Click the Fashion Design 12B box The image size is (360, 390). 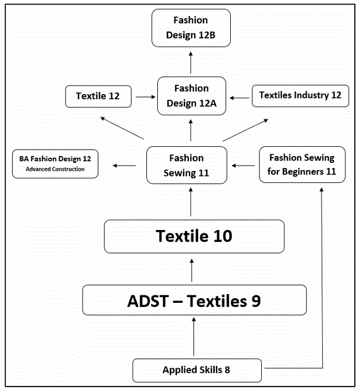(x=191, y=28)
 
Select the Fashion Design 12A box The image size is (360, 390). (x=191, y=96)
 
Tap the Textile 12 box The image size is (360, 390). (x=98, y=96)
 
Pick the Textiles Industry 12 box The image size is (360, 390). (x=300, y=95)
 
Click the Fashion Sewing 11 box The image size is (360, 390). (x=186, y=165)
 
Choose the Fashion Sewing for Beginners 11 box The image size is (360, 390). (x=302, y=165)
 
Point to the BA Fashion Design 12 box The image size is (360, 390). (x=55, y=163)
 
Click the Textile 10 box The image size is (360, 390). (x=194, y=236)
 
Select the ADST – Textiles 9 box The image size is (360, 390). (x=194, y=300)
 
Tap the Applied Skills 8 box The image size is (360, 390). (x=197, y=370)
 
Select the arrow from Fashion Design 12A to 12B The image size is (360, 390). (x=191, y=60)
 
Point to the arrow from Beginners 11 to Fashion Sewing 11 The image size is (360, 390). (x=243, y=165)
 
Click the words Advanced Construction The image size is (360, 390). (x=55, y=169)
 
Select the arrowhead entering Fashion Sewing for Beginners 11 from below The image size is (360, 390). (x=321, y=190)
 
